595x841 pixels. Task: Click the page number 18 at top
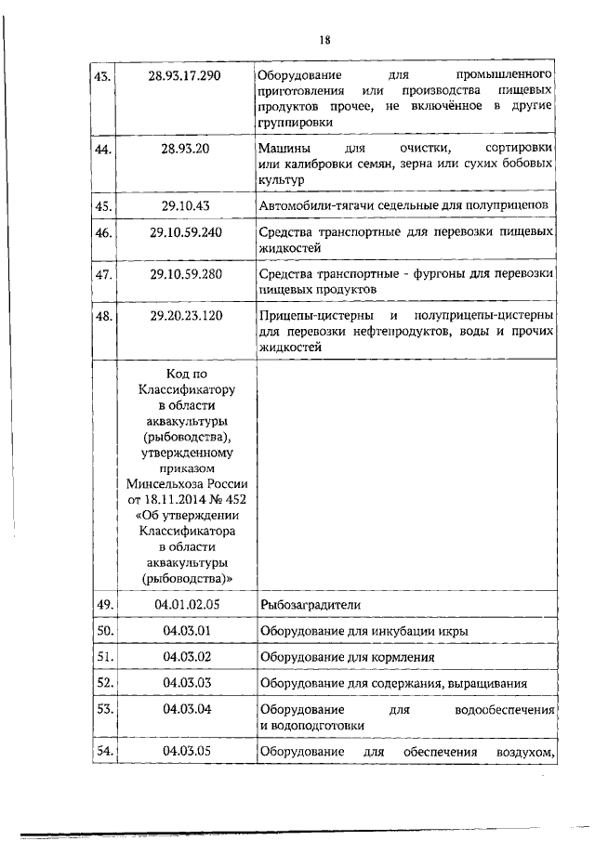pyautogui.click(x=324, y=39)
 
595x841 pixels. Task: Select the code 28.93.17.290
pyautogui.click(x=184, y=74)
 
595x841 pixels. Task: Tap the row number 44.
pyautogui.click(x=104, y=149)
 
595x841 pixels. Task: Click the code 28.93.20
pyautogui.click(x=184, y=149)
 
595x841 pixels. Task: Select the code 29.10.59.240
pyautogui.click(x=184, y=231)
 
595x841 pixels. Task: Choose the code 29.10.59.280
pyautogui.click(x=184, y=275)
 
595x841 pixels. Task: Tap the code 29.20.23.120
pyautogui.click(x=184, y=318)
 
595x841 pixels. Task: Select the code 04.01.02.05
pyautogui.click(x=184, y=605)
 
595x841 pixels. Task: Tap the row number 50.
pyautogui.click(x=104, y=631)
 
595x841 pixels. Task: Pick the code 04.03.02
pyautogui.click(x=184, y=657)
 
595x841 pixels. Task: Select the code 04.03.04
pyautogui.click(x=184, y=709)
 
